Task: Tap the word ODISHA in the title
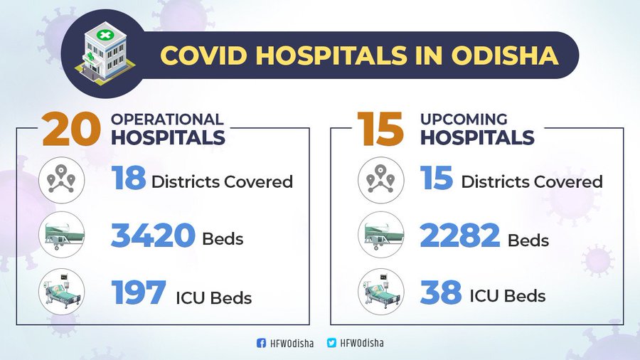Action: (504, 55)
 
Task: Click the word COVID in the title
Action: (203, 55)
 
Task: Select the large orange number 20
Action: (71, 129)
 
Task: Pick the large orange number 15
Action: (381, 129)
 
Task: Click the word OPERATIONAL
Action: (167, 120)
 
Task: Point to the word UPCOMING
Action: (464, 120)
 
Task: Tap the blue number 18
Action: (129, 178)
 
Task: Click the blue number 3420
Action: (153, 235)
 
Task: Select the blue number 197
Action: (139, 292)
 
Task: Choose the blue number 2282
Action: (460, 235)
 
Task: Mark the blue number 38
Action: (441, 292)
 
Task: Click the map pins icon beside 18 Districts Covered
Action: (62, 180)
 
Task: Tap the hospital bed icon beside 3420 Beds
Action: (62, 235)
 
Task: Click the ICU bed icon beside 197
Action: (62, 292)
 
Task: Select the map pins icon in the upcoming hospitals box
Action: (381, 180)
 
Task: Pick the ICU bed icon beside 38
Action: (381, 292)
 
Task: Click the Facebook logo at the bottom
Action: (261, 343)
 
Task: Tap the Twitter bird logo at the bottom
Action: (331, 343)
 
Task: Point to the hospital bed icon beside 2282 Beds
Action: (381, 235)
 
